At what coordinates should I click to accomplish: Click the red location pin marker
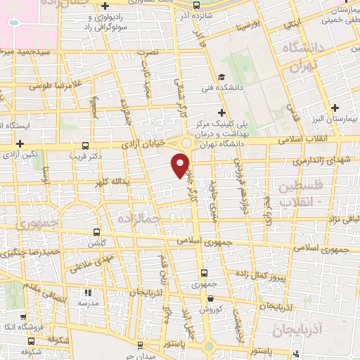(180, 164)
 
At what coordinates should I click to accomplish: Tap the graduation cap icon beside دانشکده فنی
(222, 77)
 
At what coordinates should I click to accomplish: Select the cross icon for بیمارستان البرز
(335, 108)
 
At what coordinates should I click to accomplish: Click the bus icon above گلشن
(97, 231)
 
